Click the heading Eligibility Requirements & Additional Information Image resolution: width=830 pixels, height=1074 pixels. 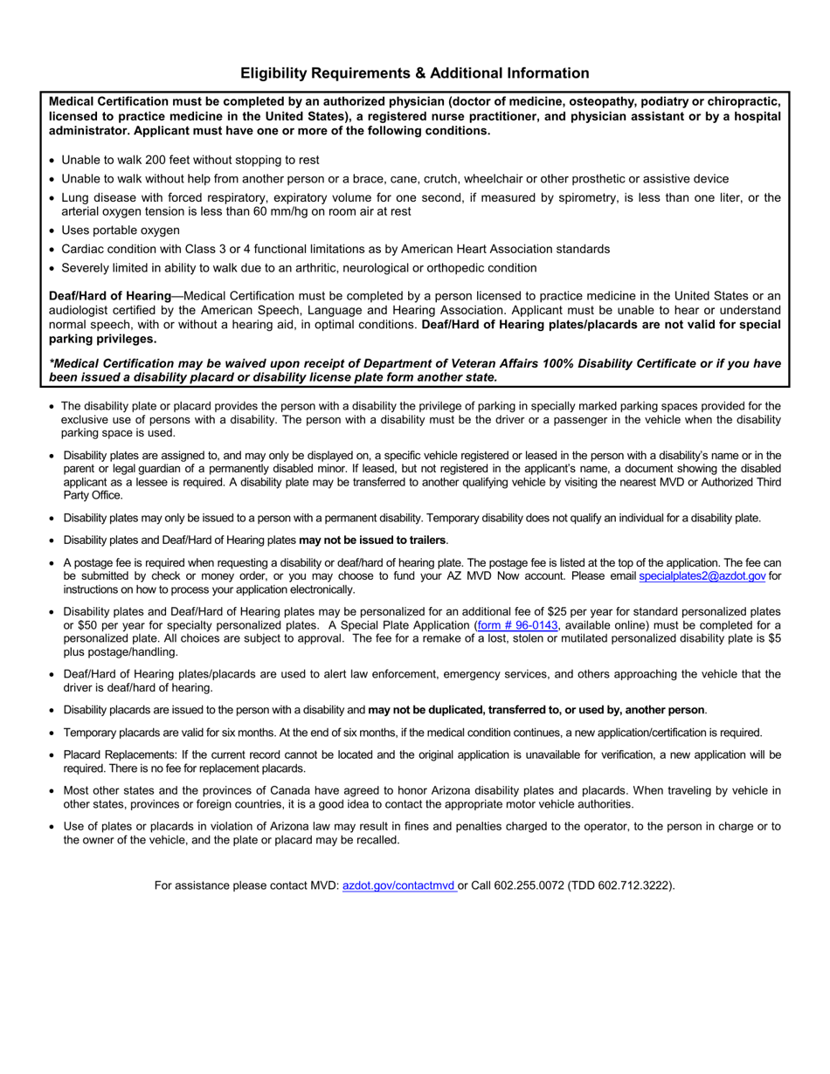click(414, 73)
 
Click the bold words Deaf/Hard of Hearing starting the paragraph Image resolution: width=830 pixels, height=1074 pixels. click(109, 297)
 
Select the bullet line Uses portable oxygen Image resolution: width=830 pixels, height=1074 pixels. click(121, 231)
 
